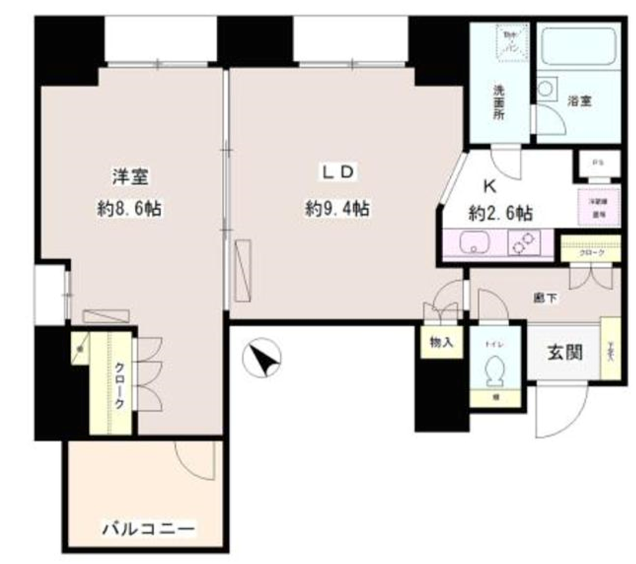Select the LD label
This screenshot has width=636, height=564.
[337, 173]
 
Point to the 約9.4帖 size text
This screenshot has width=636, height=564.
[337, 209]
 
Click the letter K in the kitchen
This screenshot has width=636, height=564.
[487, 186]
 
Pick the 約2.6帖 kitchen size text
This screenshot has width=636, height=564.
[500, 214]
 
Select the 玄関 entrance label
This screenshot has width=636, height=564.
[564, 352]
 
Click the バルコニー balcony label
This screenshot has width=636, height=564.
[149, 527]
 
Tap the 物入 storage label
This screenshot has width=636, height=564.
[441, 343]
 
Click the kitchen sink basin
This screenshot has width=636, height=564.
[472, 244]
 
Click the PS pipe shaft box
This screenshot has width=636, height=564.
[597, 163]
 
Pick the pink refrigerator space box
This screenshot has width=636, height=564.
[597, 207]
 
